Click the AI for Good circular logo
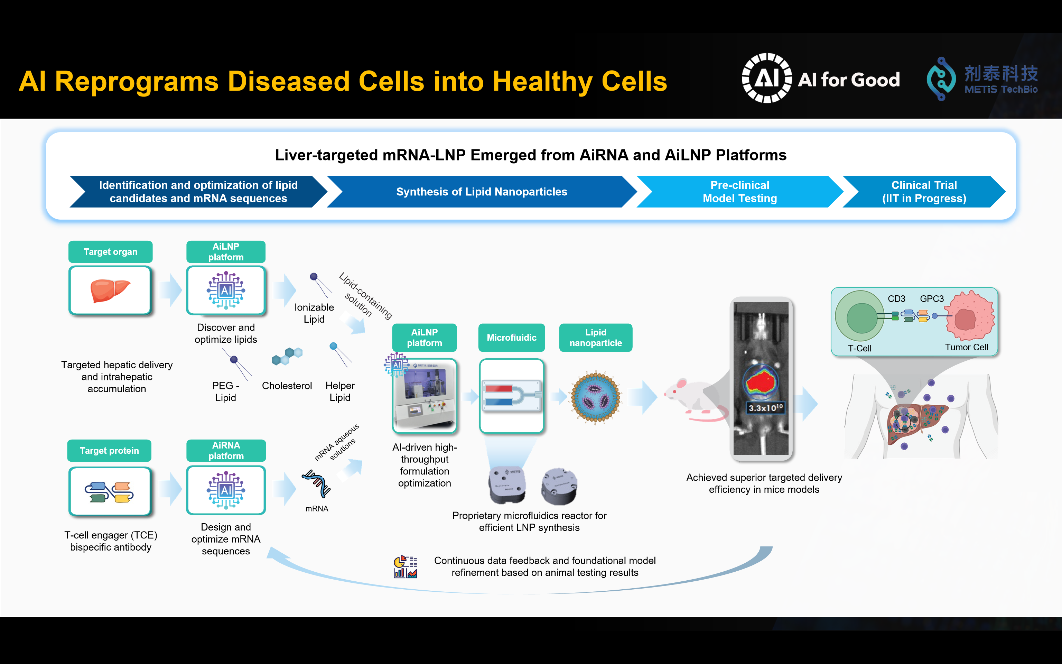767,78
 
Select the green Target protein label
109,451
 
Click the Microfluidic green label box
512,338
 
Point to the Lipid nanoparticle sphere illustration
596,397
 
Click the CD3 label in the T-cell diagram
896,298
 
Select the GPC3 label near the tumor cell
932,298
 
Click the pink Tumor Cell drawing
970,316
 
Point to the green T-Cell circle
860,316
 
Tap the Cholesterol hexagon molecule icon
287,356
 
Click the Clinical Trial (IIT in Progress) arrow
924,192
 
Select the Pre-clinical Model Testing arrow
740,192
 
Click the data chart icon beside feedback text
406,567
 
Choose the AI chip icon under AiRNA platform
226,490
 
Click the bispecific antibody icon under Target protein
109,492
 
